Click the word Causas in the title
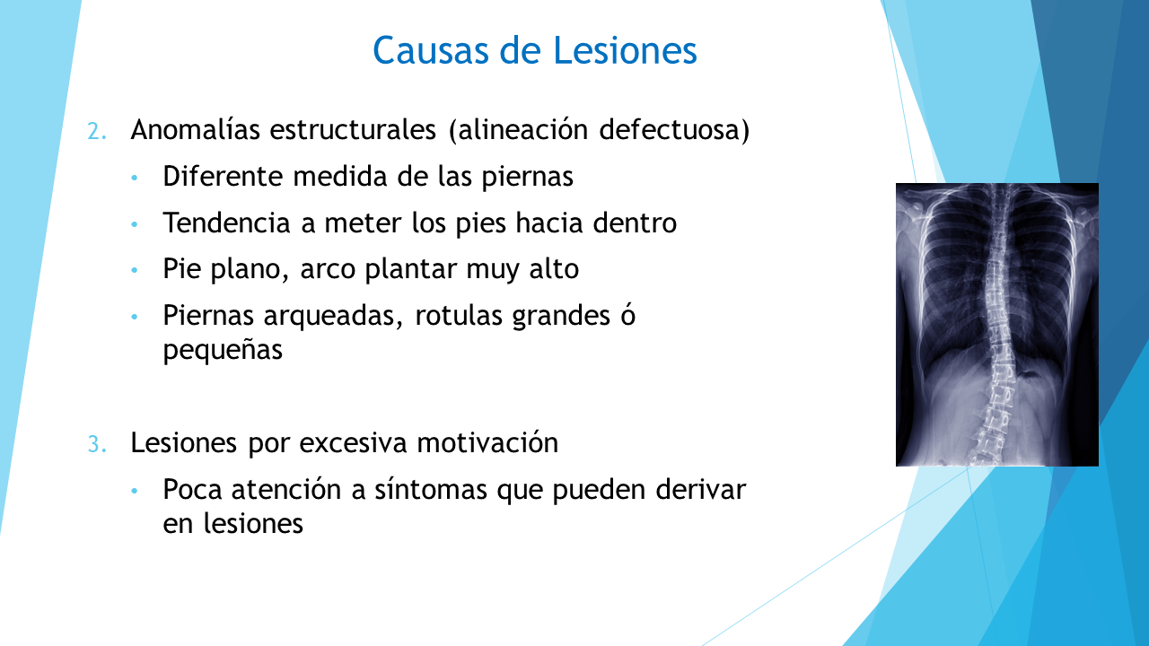[431, 50]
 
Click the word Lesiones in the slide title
[626, 50]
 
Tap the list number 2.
[97, 131]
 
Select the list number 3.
[97, 444]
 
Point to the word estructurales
[353, 129]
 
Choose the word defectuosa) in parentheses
[674, 129]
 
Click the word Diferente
[223, 176]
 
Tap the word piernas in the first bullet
[527, 177]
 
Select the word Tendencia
[227, 223]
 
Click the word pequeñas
[223, 351]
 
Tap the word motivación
[487, 442]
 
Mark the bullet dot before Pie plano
[135, 270]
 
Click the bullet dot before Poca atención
[135, 491]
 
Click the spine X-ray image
[996, 325]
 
